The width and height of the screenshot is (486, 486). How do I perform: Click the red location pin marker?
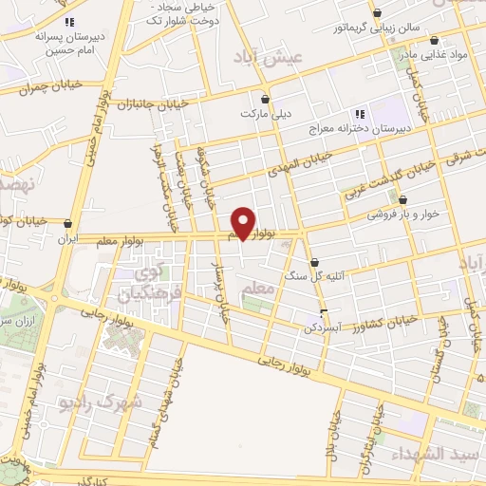pyautogui.click(x=244, y=223)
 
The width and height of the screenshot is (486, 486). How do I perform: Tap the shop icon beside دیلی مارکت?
pyautogui.click(x=265, y=98)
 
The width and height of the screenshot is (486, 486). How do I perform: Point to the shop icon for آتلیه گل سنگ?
pyautogui.click(x=314, y=263)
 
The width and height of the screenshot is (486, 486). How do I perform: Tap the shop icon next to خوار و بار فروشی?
pyautogui.click(x=404, y=200)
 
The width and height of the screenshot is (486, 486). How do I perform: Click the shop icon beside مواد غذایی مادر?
pyautogui.click(x=434, y=41)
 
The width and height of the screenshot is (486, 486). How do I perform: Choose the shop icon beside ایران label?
pyautogui.click(x=67, y=224)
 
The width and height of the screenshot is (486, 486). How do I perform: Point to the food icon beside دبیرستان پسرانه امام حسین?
pyautogui.click(x=68, y=21)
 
